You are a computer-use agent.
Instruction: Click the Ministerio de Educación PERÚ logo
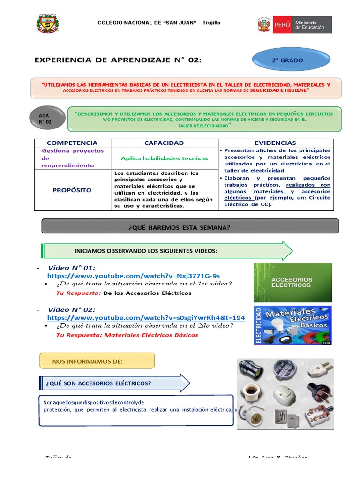[294, 25]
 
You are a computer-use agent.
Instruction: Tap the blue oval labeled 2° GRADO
[287, 60]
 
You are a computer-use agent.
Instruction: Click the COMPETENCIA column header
[72, 143]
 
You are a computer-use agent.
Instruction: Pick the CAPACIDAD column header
[164, 143]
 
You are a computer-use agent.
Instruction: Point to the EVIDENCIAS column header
[276, 143]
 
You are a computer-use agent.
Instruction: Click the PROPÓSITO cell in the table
[72, 190]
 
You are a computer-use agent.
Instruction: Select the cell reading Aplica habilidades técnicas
[164, 158]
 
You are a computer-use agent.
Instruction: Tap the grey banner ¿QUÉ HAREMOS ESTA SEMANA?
[190, 227]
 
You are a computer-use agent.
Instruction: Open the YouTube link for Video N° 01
[134, 276]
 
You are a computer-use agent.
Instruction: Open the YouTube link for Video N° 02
[146, 317]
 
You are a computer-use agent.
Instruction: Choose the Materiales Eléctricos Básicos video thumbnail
[292, 325]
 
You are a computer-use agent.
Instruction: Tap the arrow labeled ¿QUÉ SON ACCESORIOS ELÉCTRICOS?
[115, 383]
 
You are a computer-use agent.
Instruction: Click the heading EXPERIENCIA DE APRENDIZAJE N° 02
[118, 60]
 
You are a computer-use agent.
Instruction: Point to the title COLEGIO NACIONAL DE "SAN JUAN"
[158, 23]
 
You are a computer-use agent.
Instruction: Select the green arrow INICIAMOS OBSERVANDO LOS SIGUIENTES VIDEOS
[168, 251]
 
